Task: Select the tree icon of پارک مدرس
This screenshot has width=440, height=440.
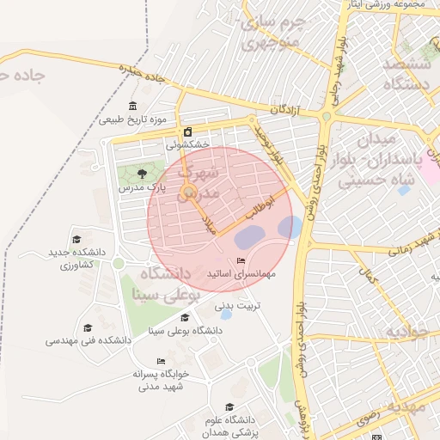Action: (x=142, y=174)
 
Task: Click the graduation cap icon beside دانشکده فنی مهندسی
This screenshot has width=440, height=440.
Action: (x=88, y=327)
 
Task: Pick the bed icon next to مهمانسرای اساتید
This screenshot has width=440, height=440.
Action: (x=241, y=260)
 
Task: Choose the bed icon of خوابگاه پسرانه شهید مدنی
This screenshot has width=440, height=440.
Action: (x=160, y=361)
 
